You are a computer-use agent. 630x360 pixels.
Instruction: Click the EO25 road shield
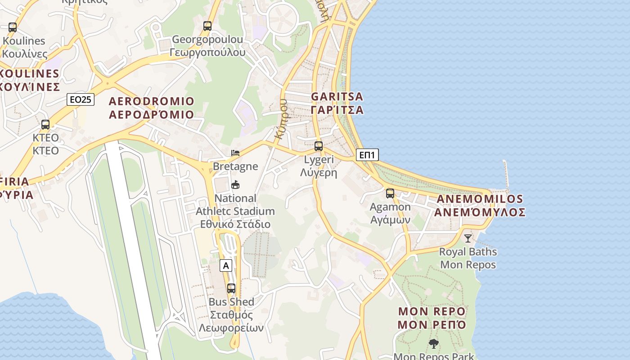81,99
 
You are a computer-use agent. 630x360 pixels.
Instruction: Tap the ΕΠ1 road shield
367,155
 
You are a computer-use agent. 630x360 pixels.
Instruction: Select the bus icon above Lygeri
319,146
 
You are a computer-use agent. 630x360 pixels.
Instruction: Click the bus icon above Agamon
390,193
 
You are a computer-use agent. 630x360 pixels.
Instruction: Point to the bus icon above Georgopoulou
207,26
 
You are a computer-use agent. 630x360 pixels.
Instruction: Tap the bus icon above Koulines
13,27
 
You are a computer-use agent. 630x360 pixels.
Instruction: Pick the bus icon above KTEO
45,125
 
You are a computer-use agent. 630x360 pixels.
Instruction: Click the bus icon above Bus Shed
231,288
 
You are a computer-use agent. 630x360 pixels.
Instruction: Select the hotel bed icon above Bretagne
235,153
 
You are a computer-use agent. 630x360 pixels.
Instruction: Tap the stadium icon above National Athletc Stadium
235,184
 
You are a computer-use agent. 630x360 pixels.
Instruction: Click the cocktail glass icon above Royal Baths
468,238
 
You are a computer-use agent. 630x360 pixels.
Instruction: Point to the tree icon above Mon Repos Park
433,344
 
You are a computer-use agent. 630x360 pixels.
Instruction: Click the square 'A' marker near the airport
226,266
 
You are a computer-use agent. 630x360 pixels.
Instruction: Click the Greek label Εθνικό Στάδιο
235,224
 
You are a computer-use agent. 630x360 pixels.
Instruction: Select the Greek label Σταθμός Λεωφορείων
232,321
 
